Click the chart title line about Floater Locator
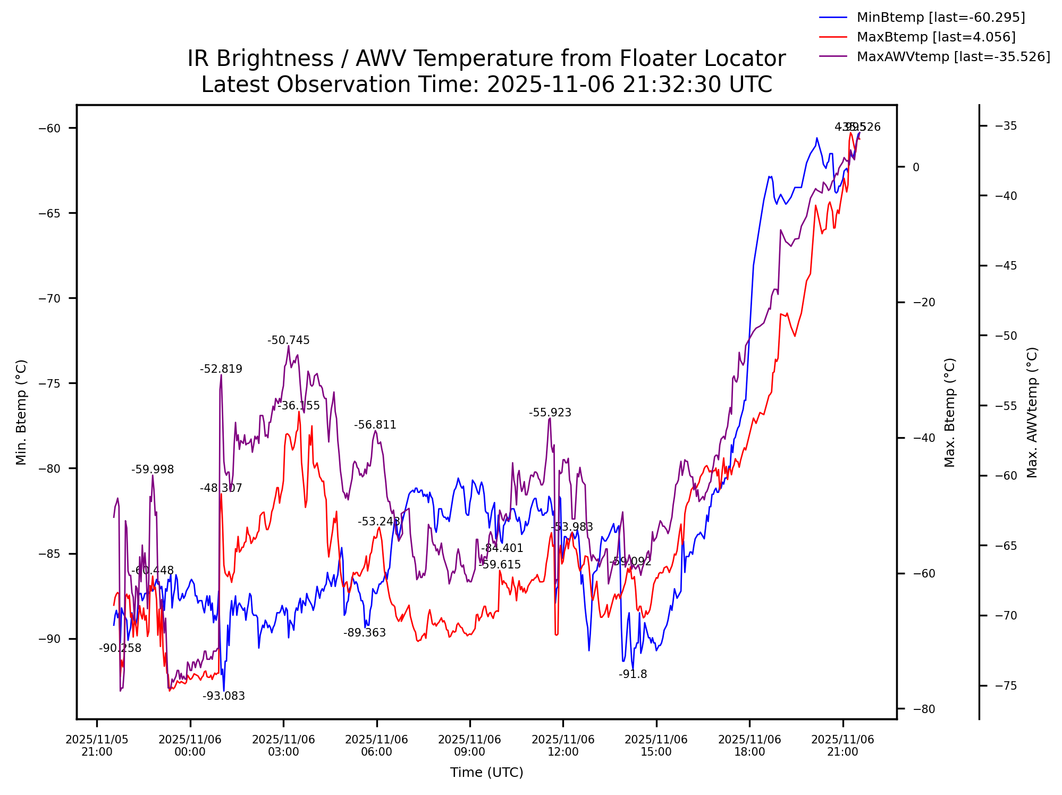tap(486, 58)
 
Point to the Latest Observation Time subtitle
tap(486, 85)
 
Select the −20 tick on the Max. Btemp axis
tap(923, 303)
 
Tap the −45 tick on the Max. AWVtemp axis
tap(1006, 266)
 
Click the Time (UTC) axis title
tap(486, 773)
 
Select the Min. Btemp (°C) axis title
tap(21, 412)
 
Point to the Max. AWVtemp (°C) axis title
tap(1032, 412)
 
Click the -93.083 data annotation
tap(224, 696)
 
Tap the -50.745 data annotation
tap(288, 341)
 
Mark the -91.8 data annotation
tap(633, 674)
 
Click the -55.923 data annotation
tap(550, 413)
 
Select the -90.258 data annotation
tap(120, 648)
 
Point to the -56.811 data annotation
tap(375, 425)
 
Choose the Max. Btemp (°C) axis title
tap(950, 412)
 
